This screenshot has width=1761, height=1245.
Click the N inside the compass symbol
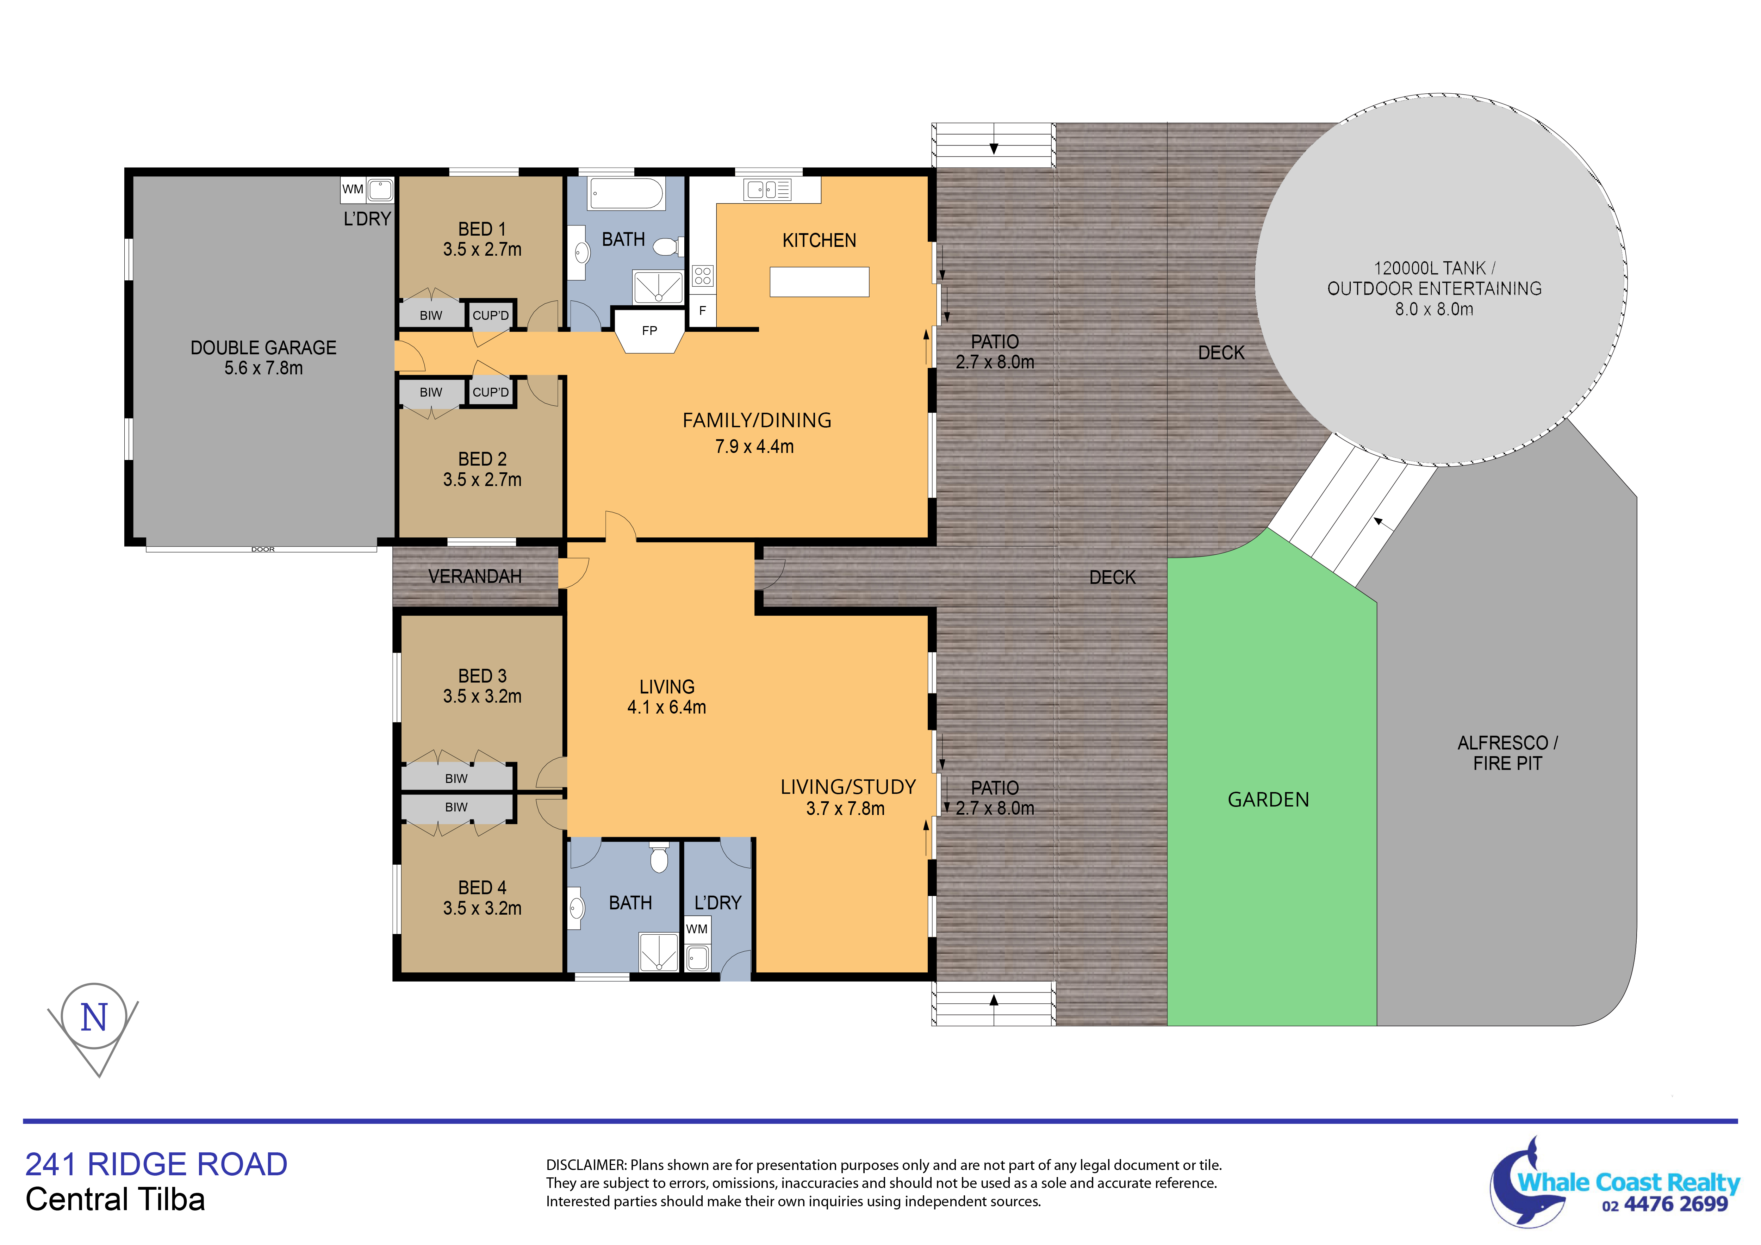point(94,1018)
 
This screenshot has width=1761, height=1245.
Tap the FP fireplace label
point(650,331)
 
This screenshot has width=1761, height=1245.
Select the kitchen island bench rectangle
point(819,281)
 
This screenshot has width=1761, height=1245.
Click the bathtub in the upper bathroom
point(626,193)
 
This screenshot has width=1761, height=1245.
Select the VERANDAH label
point(475,576)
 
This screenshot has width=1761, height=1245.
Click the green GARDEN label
point(1269,799)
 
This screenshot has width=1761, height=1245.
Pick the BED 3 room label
point(483,676)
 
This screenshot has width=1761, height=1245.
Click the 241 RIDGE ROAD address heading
point(156,1164)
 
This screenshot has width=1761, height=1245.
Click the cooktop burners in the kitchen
point(703,275)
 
